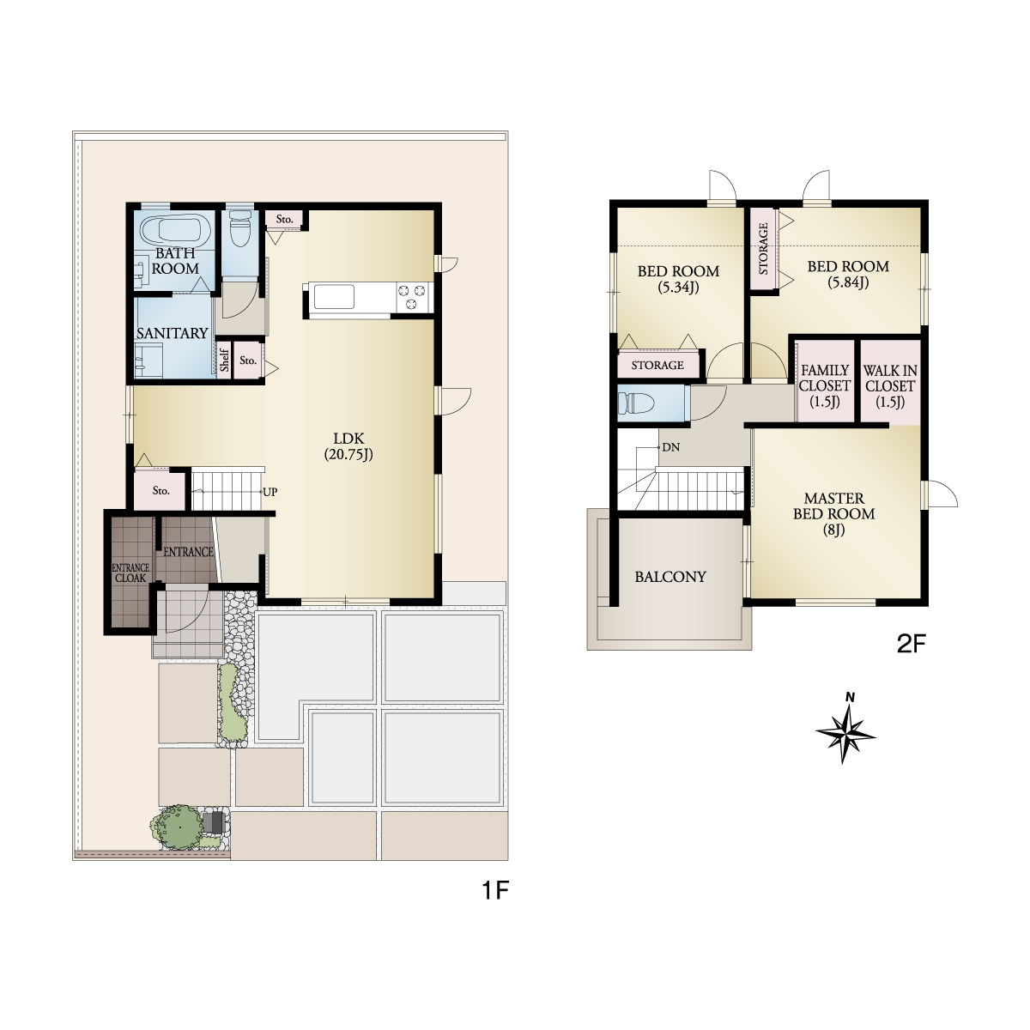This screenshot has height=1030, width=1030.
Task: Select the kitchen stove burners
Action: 412,297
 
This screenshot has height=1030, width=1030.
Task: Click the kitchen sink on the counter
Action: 334,297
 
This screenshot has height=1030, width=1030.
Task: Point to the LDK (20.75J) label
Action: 348,446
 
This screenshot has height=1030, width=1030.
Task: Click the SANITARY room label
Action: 173,334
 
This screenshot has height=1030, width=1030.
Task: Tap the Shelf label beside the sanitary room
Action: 225,360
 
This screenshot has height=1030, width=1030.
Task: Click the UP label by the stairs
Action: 270,492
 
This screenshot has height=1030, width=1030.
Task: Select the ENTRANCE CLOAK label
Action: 131,573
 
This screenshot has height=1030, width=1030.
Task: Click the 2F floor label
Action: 911,644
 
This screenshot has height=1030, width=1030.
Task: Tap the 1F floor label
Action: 495,891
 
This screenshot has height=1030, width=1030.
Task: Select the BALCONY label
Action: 670,577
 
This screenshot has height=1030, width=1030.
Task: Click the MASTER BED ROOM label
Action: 833,514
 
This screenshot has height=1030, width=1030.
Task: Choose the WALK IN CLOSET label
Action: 890,386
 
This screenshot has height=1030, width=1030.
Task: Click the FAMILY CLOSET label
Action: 825,386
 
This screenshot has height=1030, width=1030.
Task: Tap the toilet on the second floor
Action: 636,403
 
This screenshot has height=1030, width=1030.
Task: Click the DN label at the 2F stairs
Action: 671,447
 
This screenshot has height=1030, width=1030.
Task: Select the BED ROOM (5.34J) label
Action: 678,279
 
